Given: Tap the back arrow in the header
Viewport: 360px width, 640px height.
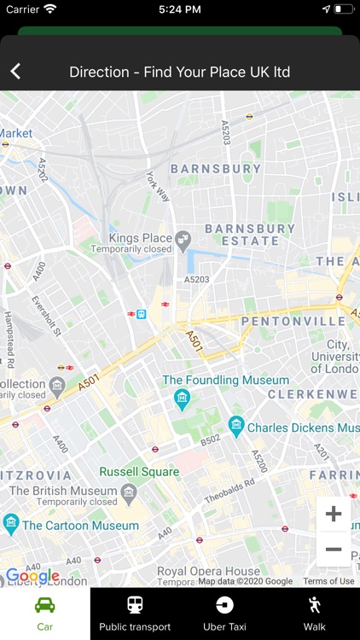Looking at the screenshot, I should click(x=15, y=72).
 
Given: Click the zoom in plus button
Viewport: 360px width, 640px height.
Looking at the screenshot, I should click(x=334, y=514).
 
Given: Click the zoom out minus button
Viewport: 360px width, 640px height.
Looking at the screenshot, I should click(x=334, y=550).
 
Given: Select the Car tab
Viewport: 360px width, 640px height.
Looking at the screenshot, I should click(x=44, y=614).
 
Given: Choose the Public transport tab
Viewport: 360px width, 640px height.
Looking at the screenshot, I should click(x=135, y=614).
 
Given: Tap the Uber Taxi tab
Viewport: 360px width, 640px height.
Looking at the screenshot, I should click(x=224, y=614).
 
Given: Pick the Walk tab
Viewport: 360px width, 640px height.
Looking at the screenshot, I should click(x=315, y=614).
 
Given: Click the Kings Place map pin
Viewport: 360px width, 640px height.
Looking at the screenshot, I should click(x=183, y=241).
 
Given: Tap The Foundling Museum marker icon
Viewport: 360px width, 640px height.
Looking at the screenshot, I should click(x=182, y=399).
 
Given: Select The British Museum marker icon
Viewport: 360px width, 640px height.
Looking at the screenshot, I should click(x=129, y=492).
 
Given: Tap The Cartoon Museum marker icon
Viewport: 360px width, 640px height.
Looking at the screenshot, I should click(x=11, y=523).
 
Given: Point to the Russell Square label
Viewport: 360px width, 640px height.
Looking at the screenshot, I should click(x=139, y=472).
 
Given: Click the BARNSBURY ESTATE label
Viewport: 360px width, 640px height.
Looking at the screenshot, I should click(x=250, y=235).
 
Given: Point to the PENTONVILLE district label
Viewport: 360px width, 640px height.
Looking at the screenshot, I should click(x=294, y=322).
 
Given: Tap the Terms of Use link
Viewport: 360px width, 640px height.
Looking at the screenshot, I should click(x=328, y=581).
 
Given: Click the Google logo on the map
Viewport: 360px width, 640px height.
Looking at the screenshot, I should click(x=32, y=576).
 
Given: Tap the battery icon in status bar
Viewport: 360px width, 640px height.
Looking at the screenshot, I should click(x=344, y=9).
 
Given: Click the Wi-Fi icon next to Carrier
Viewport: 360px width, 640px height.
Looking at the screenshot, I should click(x=50, y=9).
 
